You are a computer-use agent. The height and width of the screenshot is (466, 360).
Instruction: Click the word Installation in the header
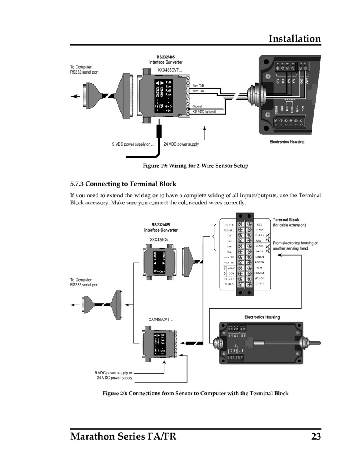tap(294, 39)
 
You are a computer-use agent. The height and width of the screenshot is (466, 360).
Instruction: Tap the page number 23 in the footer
tap(316, 436)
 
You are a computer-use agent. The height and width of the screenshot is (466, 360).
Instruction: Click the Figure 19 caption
tap(196, 166)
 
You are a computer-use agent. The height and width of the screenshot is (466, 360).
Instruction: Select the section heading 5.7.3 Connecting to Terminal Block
tap(123, 184)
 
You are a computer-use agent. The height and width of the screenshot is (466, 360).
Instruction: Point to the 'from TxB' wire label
tap(198, 86)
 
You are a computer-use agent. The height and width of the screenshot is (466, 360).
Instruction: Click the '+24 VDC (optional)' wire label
tap(204, 112)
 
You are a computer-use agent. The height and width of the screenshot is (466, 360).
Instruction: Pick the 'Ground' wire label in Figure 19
tap(197, 106)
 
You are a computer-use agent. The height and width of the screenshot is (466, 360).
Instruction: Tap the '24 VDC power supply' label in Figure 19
tap(181, 144)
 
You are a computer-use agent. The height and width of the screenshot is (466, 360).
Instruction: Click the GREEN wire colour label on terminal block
tap(259, 257)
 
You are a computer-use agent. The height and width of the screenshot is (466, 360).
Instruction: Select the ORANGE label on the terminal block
tap(259, 273)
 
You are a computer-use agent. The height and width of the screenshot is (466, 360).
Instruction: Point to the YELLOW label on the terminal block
tap(259, 278)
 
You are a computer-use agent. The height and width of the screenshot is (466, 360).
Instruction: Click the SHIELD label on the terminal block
tap(229, 284)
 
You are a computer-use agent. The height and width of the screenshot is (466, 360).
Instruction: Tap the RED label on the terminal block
tap(259, 225)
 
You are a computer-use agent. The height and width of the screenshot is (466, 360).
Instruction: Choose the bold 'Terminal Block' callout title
tap(286, 220)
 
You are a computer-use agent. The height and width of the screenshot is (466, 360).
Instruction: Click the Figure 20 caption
tap(196, 393)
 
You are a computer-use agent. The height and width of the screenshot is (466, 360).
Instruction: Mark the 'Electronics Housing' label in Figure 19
tap(287, 142)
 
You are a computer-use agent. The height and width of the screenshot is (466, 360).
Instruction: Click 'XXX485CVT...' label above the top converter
tap(170, 70)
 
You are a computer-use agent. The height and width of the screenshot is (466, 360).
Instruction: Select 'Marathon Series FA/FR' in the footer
tap(123, 436)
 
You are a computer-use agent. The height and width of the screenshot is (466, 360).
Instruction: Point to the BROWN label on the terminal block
tap(259, 262)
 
